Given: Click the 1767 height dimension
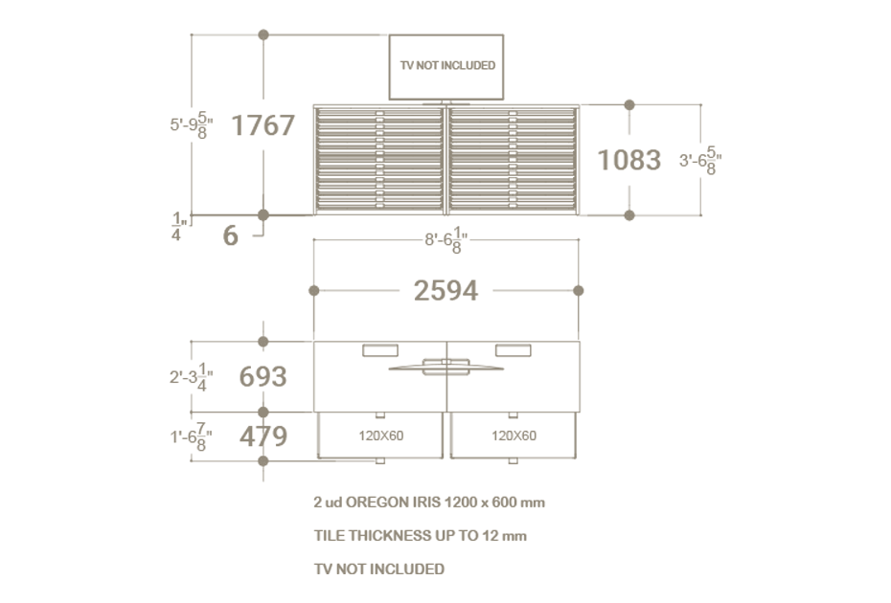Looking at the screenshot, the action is point(263,125).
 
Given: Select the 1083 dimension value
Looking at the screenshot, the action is point(629,160).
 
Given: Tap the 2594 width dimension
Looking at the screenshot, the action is point(446,291).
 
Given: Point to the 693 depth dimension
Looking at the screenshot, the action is point(263,376).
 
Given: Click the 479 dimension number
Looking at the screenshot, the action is point(263,436).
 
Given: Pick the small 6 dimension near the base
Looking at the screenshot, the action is point(230,235).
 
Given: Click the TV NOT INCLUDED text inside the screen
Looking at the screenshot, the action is point(447,65).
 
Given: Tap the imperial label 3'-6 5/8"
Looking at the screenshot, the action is point(700,161).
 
